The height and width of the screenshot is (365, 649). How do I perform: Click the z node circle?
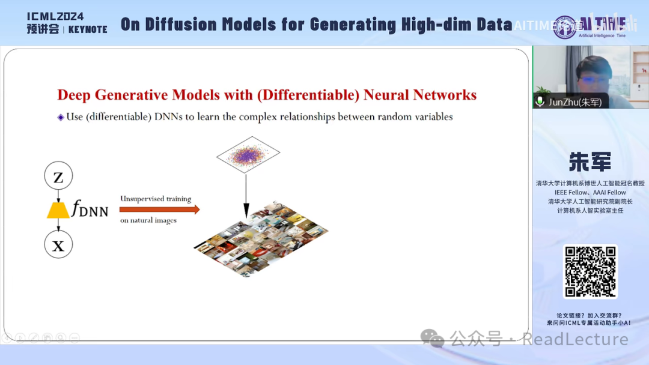[58, 176]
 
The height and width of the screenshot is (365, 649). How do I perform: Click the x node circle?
[58, 245]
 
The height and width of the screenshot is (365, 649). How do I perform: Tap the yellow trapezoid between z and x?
[58, 210]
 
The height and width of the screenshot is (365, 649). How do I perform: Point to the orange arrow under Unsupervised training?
[159, 210]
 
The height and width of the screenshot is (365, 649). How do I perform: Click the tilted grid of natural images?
[261, 238]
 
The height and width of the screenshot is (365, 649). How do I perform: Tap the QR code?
[590, 271]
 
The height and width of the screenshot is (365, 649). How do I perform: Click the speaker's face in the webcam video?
[591, 71]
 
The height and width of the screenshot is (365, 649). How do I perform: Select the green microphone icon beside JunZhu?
[540, 101]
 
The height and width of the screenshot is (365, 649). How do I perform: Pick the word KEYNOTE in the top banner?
[88, 29]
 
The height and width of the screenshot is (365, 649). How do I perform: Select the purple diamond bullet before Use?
[61, 117]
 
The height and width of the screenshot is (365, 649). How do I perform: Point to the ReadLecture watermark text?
[575, 339]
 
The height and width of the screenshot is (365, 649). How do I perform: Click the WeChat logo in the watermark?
[432, 338]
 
